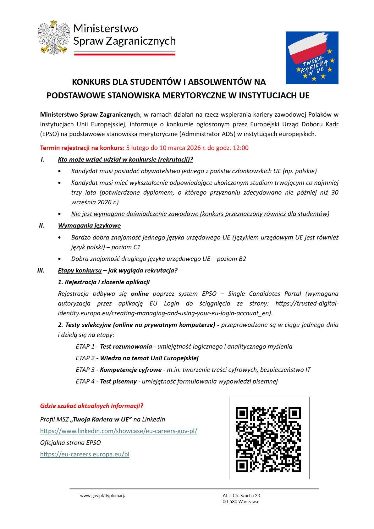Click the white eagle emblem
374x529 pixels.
click(54, 38)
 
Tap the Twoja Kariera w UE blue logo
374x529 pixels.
click(312, 58)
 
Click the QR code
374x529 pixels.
click(269, 439)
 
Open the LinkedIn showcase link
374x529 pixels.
click(118, 431)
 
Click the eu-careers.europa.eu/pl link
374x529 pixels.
click(85, 454)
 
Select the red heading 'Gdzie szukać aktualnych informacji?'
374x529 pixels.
click(91, 406)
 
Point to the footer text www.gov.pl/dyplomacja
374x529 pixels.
click(103, 496)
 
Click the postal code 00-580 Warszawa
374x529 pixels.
click(240, 502)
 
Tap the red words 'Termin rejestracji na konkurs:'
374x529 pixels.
click(82, 148)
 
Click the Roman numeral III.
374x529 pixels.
click(41, 270)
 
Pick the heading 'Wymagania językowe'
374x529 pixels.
click(89, 225)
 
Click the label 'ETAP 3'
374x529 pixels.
click(85, 370)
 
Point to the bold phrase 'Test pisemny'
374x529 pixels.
click(118, 381)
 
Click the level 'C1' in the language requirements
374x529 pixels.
click(137, 247)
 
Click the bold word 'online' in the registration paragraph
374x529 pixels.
click(140, 294)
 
